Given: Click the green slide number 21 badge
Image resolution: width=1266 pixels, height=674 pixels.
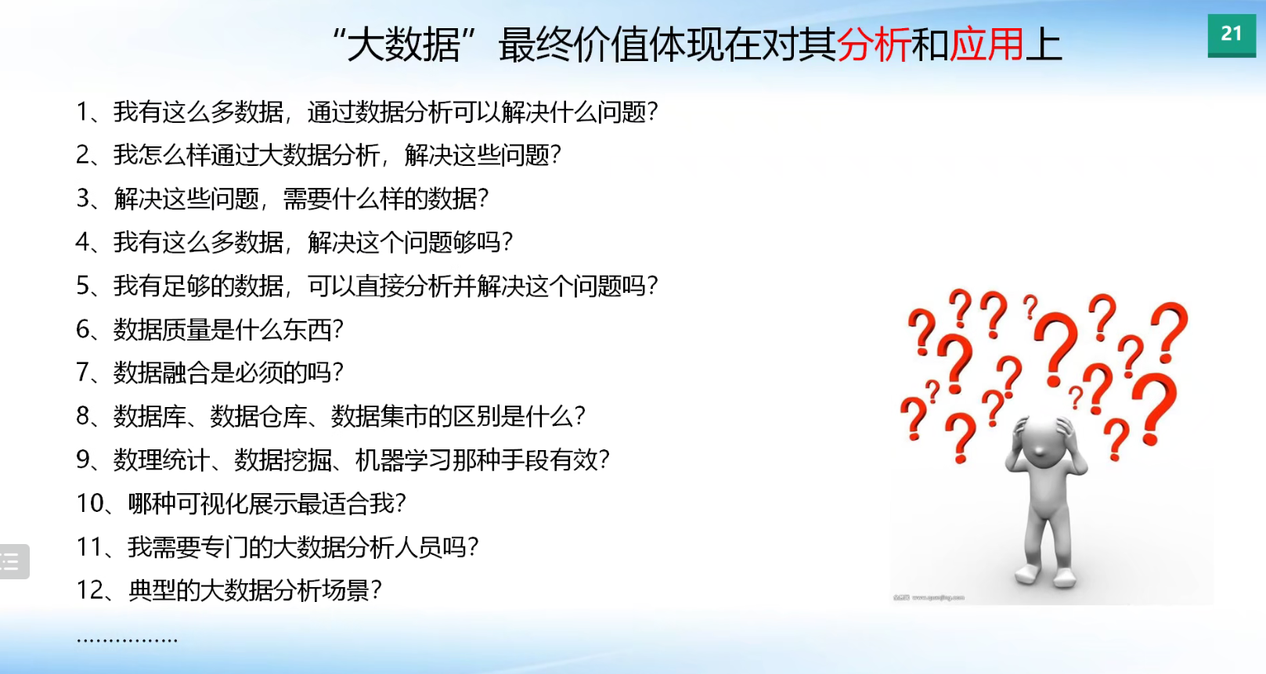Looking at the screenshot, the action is pyautogui.click(x=1232, y=35).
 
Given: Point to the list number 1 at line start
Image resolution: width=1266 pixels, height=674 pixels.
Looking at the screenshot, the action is pyautogui.click(x=82, y=112).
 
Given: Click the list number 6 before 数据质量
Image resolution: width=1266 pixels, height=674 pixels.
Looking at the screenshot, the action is pyautogui.click(x=83, y=330).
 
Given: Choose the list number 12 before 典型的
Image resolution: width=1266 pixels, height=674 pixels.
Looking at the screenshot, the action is pyautogui.click(x=90, y=590).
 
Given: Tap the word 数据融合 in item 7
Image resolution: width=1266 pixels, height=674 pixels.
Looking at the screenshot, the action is pyautogui.click(x=161, y=373).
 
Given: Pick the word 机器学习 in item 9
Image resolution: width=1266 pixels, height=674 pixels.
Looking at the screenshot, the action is pyautogui.click(x=403, y=460).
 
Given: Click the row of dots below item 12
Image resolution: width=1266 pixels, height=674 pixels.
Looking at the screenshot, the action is pyautogui.click(x=127, y=640).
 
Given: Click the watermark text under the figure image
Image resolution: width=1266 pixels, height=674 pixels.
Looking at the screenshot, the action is pyautogui.click(x=929, y=597).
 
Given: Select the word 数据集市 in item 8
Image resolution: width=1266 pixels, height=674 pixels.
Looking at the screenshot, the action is pyautogui.click(x=379, y=416).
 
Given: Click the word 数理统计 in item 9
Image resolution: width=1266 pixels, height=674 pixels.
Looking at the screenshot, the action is pyautogui.click(x=161, y=460).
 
